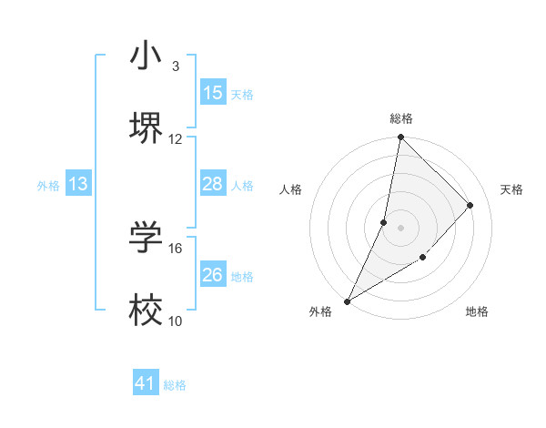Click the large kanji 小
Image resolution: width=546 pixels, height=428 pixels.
146,56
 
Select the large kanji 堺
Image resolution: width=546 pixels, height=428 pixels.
146,128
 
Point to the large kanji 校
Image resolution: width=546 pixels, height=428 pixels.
146,311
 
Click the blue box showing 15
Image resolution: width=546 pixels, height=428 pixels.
213,93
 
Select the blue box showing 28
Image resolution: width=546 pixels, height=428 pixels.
213,184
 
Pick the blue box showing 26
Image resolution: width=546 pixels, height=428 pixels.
213,275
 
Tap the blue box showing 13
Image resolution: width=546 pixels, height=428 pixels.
78,184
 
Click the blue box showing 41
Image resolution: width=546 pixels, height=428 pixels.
146,384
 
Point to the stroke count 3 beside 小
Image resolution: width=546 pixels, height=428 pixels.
175,66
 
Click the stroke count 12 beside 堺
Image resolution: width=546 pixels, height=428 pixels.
176,138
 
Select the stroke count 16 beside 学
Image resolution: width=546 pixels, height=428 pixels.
176,248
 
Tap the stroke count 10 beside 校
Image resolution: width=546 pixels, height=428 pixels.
176,321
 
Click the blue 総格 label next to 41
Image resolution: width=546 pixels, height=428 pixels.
175,385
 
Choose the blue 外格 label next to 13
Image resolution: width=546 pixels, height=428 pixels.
48,185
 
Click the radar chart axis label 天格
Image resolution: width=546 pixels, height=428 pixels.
511,189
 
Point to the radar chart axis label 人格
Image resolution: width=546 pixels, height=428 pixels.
291,189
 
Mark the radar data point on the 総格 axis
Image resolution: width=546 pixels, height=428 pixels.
400,138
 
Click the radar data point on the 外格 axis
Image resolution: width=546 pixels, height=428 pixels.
348,301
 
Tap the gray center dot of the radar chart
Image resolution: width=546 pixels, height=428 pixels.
400,228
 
